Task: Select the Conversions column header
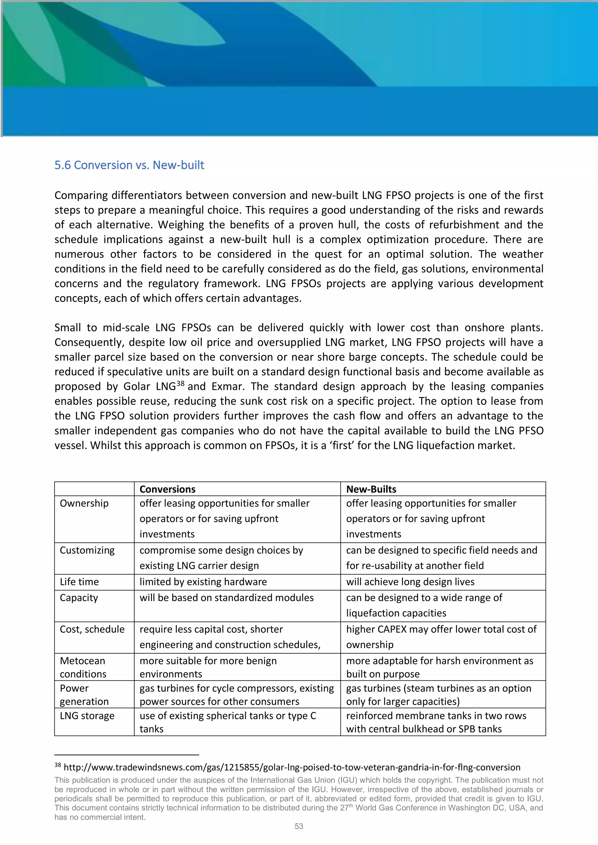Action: click(168, 489)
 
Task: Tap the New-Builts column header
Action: click(371, 489)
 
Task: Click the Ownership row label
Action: click(84, 503)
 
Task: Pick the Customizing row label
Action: click(87, 550)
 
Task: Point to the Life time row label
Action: click(79, 582)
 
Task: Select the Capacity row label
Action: click(79, 598)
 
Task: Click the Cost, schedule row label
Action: click(92, 629)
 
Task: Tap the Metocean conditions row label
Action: click(83, 667)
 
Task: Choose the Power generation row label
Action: click(84, 695)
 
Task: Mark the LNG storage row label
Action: click(87, 716)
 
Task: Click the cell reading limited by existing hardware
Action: click(203, 582)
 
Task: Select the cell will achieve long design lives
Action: click(410, 582)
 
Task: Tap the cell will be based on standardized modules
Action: click(227, 598)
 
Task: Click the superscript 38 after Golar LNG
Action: click(180, 383)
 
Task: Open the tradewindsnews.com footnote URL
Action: click(292, 767)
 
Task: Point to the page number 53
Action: click(299, 826)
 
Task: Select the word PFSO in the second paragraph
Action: click(531, 431)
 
